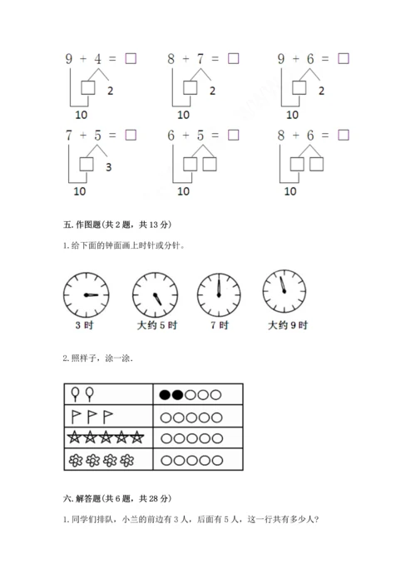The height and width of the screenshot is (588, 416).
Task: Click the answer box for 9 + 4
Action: click(131, 58)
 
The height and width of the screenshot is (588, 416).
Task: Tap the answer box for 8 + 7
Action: click(233, 58)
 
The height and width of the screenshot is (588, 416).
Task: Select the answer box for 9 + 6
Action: click(344, 58)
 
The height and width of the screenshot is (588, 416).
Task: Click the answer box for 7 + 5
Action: click(131, 135)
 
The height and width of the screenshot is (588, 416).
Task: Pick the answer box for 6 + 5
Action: click(233, 135)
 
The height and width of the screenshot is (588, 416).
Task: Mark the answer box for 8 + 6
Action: click(344, 135)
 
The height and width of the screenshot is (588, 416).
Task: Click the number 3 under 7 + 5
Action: click(108, 167)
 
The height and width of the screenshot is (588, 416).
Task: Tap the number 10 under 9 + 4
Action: click(81, 115)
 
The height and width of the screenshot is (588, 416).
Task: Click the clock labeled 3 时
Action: click(87, 294)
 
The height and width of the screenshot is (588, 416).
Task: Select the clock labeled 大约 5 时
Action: click(156, 294)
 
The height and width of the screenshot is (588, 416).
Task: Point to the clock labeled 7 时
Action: click(219, 294)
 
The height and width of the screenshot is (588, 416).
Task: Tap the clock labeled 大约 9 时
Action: click(284, 291)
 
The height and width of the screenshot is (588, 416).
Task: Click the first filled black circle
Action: click(165, 394)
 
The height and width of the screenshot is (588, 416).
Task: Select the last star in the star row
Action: click(137, 437)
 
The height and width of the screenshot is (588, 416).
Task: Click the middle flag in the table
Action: click(92, 416)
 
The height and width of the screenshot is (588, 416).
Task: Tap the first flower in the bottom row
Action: click(76, 460)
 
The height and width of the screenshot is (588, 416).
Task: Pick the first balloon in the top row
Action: click(75, 393)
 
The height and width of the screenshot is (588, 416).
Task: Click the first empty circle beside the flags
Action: click(166, 418)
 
